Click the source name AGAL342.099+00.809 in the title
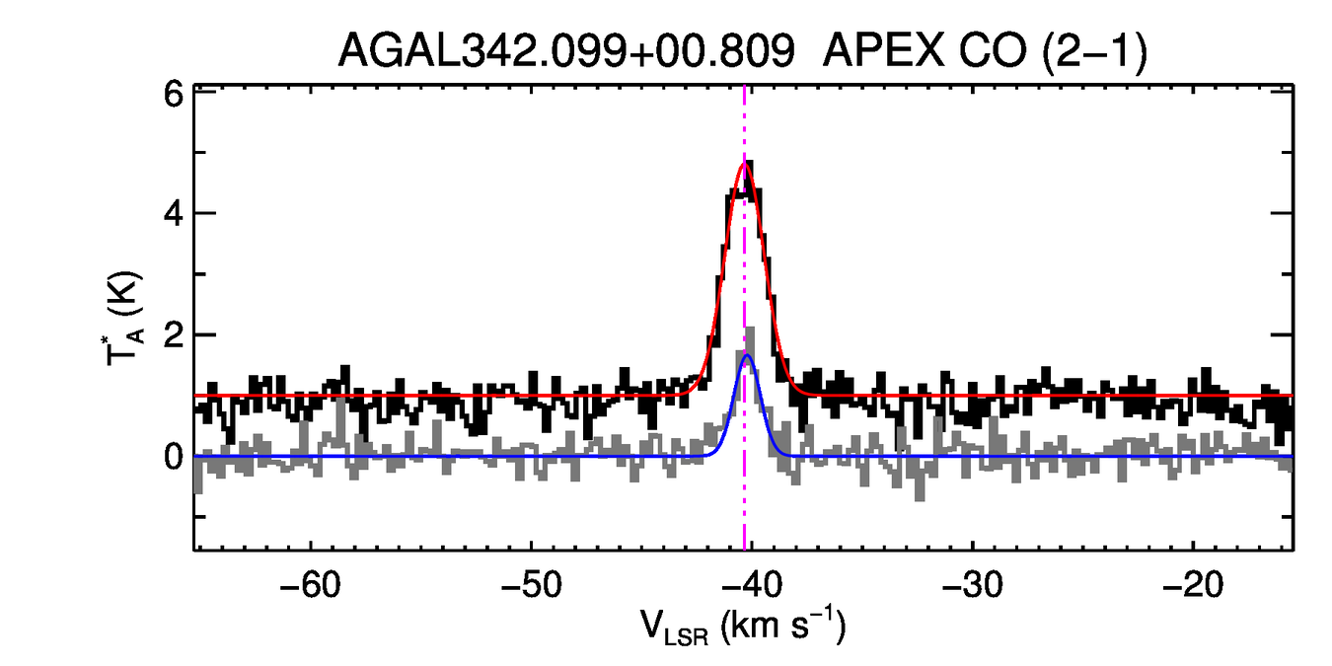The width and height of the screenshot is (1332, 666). (566, 51)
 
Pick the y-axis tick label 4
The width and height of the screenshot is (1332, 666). (174, 213)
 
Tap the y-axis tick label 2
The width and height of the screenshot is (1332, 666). (174, 335)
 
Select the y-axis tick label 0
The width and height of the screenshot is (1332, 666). (174, 457)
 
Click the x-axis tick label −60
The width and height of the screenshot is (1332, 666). (312, 584)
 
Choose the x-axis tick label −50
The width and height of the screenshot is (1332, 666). (532, 584)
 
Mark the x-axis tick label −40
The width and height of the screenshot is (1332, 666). (752, 584)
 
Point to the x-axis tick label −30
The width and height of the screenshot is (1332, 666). (973, 584)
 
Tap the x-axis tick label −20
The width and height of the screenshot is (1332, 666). (1193, 584)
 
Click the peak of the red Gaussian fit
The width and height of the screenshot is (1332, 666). (745, 164)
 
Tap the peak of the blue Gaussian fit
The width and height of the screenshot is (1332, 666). (747, 355)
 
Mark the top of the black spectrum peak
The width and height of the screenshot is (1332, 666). (751, 163)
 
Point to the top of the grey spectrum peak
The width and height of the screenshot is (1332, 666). (752, 330)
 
